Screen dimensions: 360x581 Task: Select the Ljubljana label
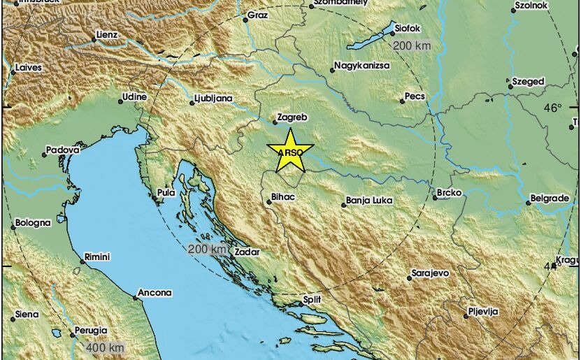click(x=214, y=99)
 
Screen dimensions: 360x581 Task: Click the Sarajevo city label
click(x=430, y=273)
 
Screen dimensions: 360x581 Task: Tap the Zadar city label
click(x=248, y=252)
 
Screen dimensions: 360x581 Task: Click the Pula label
click(x=166, y=193)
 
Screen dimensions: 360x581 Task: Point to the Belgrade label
click(x=549, y=199)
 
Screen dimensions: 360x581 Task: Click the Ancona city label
click(x=155, y=292)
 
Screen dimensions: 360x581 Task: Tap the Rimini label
click(x=98, y=257)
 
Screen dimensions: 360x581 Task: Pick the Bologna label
click(x=33, y=223)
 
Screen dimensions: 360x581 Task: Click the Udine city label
click(x=134, y=96)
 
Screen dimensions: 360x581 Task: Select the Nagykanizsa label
click(x=362, y=66)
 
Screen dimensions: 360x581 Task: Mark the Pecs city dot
click(x=402, y=101)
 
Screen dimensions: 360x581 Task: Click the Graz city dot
click(x=246, y=20)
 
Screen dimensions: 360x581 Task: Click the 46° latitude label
click(x=552, y=108)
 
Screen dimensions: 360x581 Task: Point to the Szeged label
click(x=528, y=81)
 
